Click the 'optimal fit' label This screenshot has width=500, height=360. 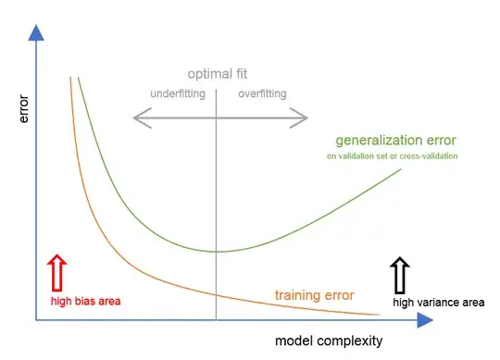(x=218, y=74)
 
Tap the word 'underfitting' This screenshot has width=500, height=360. (x=178, y=93)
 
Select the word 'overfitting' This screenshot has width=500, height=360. (x=262, y=93)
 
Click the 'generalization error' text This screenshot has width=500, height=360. (x=395, y=141)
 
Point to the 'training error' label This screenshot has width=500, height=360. (x=314, y=295)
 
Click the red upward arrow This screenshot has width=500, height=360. (x=56, y=273)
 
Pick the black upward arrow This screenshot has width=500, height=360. (x=400, y=275)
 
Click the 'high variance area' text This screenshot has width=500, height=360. (x=438, y=302)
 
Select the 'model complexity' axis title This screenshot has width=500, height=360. (x=328, y=341)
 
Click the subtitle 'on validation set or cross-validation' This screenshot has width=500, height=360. (x=392, y=156)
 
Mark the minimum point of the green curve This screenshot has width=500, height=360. (x=216, y=251)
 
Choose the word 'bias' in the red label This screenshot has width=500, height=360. (x=80, y=301)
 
